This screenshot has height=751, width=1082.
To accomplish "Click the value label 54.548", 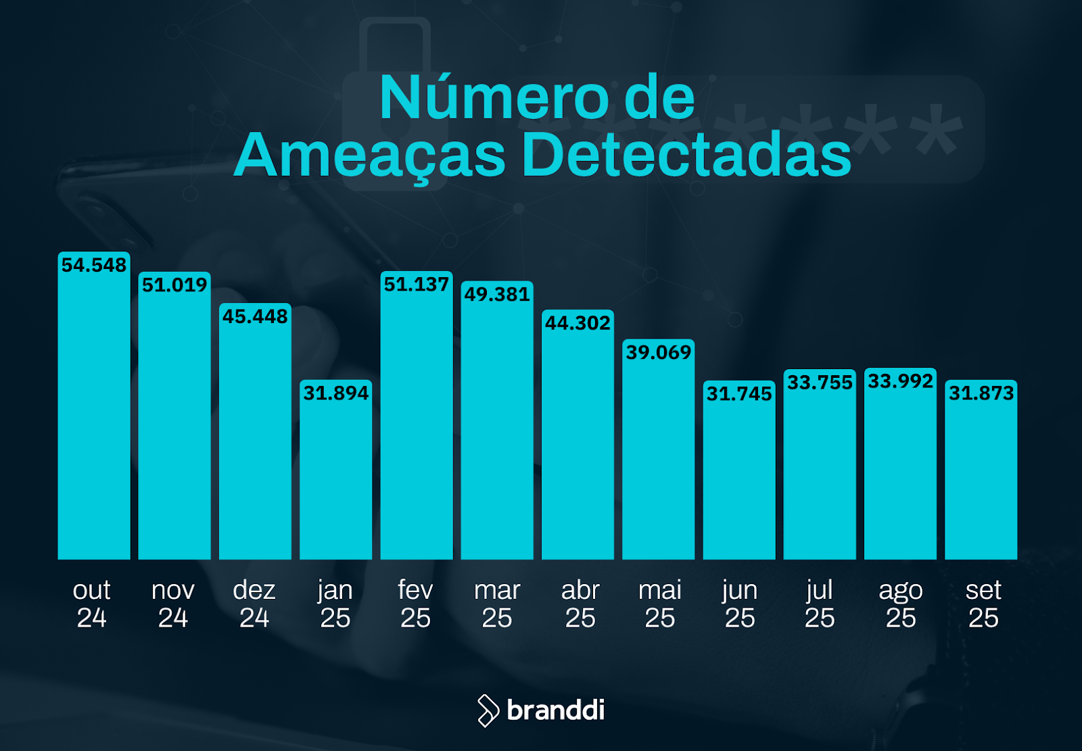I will click(93, 265).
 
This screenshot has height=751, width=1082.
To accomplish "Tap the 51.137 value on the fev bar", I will click(416, 285).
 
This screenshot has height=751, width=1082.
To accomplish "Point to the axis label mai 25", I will click(659, 604).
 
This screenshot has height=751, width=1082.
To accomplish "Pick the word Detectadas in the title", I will click(686, 155).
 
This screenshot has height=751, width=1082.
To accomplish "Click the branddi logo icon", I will click(487, 710).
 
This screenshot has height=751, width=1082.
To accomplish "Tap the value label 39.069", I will click(658, 352).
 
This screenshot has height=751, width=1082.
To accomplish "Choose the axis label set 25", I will click(983, 604).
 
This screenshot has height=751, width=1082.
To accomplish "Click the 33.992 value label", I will click(900, 381).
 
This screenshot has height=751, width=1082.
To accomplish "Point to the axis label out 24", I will click(91, 604).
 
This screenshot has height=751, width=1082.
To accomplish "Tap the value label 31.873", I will click(981, 393).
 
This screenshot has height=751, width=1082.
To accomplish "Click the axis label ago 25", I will click(900, 604).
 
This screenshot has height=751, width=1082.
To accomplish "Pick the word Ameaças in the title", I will click(370, 155).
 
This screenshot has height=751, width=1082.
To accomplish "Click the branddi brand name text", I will click(555, 710).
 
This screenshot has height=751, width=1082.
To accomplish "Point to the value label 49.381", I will click(497, 294).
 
